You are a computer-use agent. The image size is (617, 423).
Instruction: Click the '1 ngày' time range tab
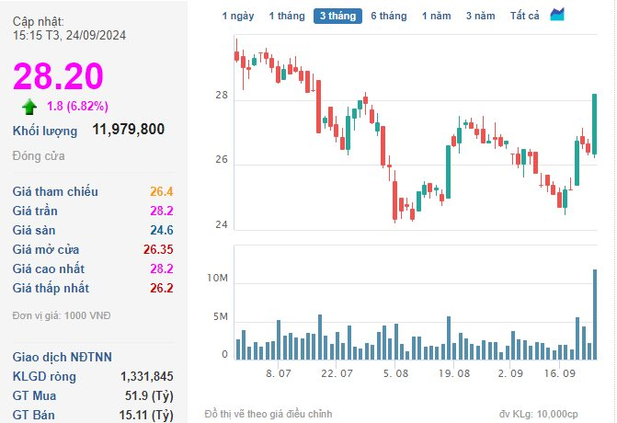(x=237, y=16)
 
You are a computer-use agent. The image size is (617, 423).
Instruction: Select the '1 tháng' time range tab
(x=285, y=16)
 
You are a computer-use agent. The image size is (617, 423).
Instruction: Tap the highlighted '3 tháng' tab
(x=337, y=16)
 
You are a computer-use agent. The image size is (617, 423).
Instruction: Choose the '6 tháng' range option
(x=388, y=16)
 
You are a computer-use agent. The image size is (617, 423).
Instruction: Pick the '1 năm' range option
(x=437, y=16)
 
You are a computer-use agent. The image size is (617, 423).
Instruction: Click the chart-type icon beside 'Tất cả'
(x=558, y=15)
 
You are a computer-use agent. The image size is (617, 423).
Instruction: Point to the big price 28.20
(x=58, y=75)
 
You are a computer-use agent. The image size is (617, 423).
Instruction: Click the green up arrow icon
(x=30, y=105)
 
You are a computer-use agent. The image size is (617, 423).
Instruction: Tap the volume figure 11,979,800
(x=129, y=130)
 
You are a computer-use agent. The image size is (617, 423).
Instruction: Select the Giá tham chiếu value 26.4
(x=162, y=191)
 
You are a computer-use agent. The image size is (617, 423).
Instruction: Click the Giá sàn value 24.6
(x=162, y=230)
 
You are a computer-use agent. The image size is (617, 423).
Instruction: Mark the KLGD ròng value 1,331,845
(x=147, y=376)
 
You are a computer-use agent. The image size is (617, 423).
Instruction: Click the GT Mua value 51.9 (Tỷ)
(x=152, y=395)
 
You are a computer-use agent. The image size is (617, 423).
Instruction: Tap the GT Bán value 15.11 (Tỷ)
(x=150, y=415)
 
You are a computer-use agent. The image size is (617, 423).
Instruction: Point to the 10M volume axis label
(x=217, y=279)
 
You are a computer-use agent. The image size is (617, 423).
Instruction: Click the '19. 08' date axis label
(x=455, y=374)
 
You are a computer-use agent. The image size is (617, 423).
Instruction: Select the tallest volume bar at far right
(x=595, y=314)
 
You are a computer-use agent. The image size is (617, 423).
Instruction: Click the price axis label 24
(x=222, y=225)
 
